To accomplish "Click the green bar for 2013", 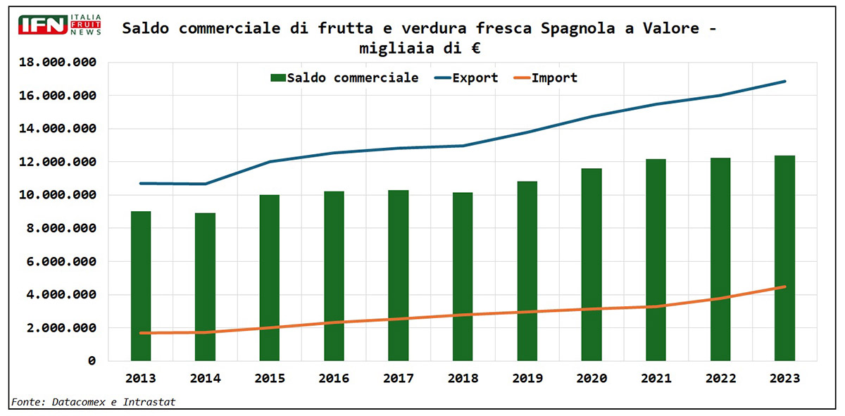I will [x=141, y=286].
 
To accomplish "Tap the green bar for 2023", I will [x=784, y=258].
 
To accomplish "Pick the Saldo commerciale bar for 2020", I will [x=591, y=265].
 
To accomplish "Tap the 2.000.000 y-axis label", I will [x=58, y=328].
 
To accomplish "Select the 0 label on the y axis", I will [x=91, y=361].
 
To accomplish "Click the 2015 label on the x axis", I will [x=270, y=378].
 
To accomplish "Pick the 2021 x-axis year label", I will [x=656, y=378].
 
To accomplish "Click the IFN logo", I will [x=61, y=25].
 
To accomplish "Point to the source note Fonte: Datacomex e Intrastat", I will [x=93, y=402].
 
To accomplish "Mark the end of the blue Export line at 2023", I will [x=784, y=82].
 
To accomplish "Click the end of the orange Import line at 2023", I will [x=784, y=286].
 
